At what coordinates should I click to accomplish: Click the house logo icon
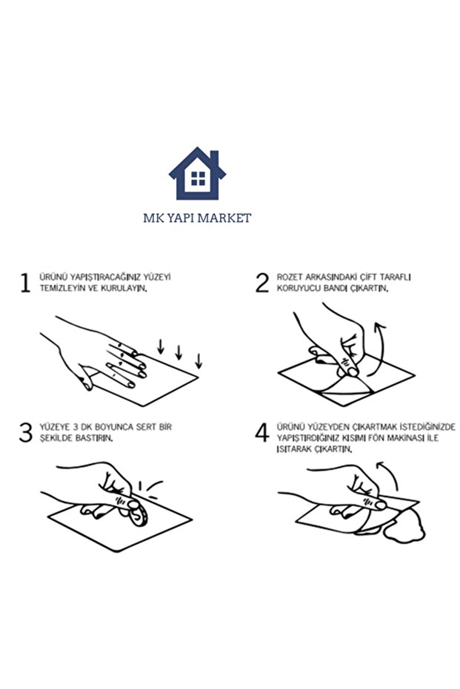(x=197, y=173)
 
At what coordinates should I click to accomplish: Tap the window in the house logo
(x=198, y=178)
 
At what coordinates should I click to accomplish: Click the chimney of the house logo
(x=214, y=158)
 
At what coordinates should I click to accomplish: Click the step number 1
(x=25, y=283)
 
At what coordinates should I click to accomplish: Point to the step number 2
(x=262, y=283)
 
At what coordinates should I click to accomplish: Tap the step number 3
(x=26, y=432)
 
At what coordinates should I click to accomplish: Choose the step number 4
(x=262, y=432)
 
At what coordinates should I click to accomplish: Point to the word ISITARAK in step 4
(x=295, y=449)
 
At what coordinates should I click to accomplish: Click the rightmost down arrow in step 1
(x=199, y=360)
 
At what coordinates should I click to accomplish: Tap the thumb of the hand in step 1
(x=86, y=381)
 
